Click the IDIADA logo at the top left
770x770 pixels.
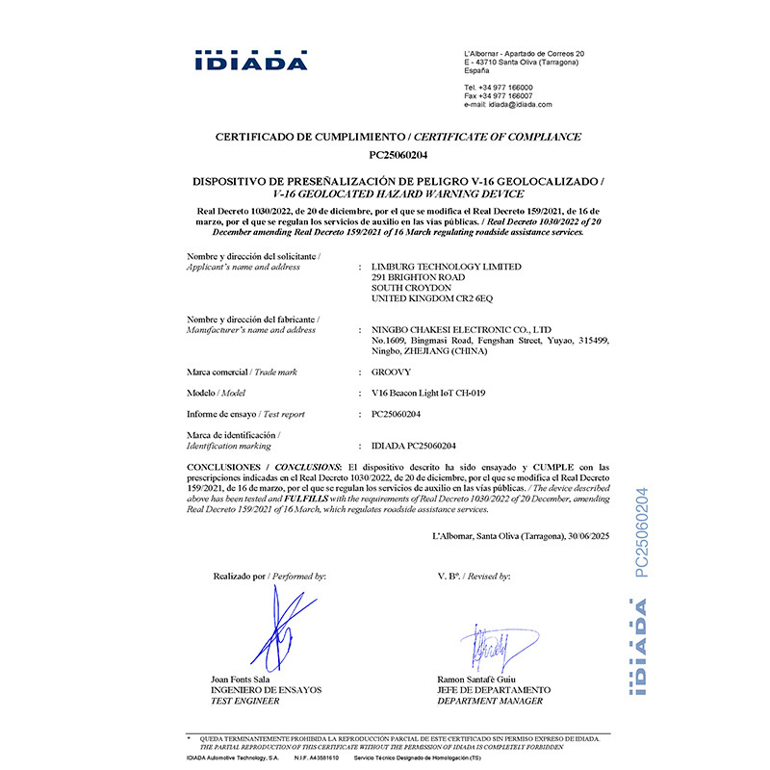(250, 60)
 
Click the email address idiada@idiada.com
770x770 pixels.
(520, 104)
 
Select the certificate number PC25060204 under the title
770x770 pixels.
(398, 155)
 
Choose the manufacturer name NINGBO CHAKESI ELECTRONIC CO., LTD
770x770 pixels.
(461, 329)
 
